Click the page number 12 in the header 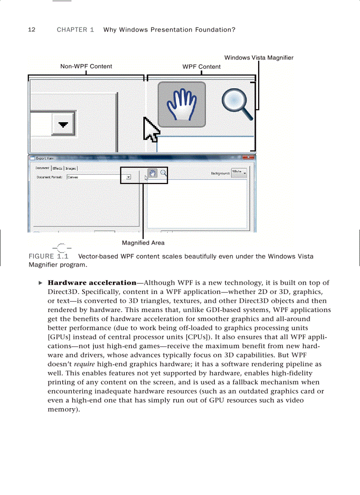pyautogui.click(x=31, y=30)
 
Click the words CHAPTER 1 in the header pyautogui.click(x=75, y=30)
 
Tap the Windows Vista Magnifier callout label pyautogui.click(x=259, y=58)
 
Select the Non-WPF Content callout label pyautogui.click(x=86, y=67)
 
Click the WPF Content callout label pyautogui.click(x=202, y=67)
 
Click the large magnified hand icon pyautogui.click(x=182, y=104)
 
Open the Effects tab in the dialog pyautogui.click(x=57, y=168)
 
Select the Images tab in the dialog pyautogui.click(x=71, y=168)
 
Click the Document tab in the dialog pyautogui.click(x=42, y=168)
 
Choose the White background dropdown pyautogui.click(x=239, y=172)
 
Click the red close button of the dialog pyautogui.click(x=251, y=157)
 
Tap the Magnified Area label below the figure pyautogui.click(x=143, y=243)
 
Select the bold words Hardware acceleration pyautogui.click(x=92, y=283)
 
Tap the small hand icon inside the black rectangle pyautogui.click(x=152, y=173)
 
